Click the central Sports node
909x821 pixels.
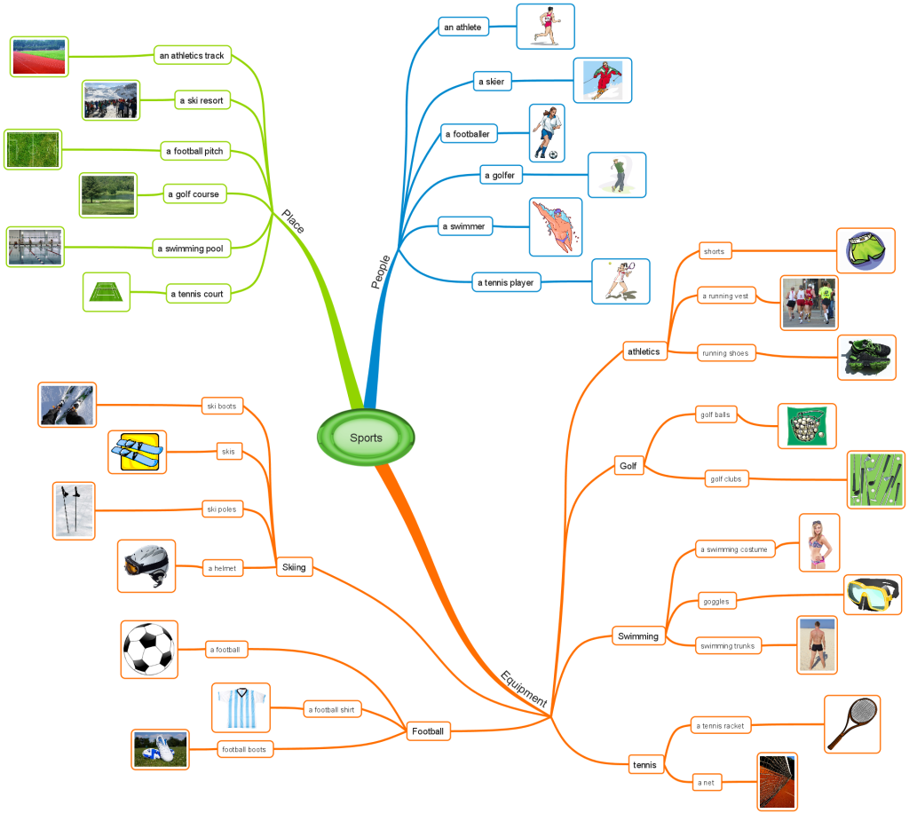(x=366, y=437)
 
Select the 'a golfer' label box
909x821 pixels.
(x=499, y=176)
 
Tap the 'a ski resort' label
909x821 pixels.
(x=200, y=101)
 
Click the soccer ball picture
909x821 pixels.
(x=149, y=650)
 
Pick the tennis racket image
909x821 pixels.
(x=852, y=723)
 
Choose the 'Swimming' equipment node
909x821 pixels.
(x=638, y=635)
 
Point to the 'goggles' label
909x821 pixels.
(x=715, y=601)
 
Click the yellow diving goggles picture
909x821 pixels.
(x=872, y=595)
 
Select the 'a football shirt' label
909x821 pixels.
(x=333, y=709)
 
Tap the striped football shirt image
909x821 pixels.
(x=241, y=707)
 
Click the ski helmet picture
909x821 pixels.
(x=146, y=565)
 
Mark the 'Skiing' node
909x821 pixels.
(x=294, y=567)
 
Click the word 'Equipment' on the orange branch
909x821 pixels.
(x=524, y=688)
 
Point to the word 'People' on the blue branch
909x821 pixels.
(x=380, y=272)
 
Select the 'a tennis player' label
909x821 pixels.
(x=506, y=283)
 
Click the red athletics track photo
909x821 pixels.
(x=39, y=57)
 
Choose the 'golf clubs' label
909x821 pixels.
(x=725, y=479)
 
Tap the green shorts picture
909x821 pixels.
(x=866, y=250)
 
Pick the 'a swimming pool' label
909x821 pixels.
(x=190, y=249)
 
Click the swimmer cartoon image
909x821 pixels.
(x=556, y=226)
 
